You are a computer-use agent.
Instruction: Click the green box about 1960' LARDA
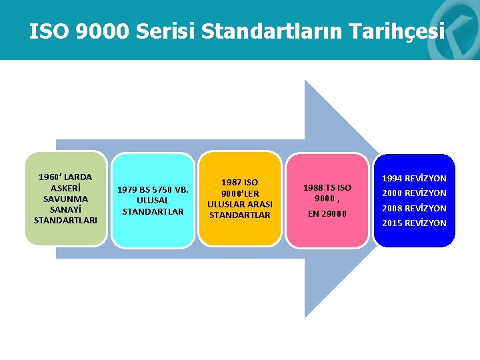click(x=66, y=198)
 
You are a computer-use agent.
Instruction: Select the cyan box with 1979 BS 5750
click(x=153, y=200)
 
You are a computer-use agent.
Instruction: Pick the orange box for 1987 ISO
click(x=240, y=198)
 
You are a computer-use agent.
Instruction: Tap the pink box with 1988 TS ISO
click(x=327, y=200)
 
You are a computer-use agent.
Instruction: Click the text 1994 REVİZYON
click(x=414, y=179)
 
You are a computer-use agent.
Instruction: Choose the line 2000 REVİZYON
click(x=414, y=193)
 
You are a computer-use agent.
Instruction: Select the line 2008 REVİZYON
click(x=414, y=208)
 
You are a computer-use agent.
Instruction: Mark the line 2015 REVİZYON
click(x=414, y=223)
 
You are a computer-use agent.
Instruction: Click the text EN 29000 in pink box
click(x=327, y=214)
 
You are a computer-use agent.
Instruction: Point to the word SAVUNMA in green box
click(x=65, y=199)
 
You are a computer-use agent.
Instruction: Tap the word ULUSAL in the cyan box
click(x=153, y=201)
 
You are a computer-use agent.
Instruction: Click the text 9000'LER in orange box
click(x=240, y=193)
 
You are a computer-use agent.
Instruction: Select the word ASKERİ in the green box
click(x=65, y=188)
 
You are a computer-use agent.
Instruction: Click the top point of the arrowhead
click(x=305, y=81)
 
